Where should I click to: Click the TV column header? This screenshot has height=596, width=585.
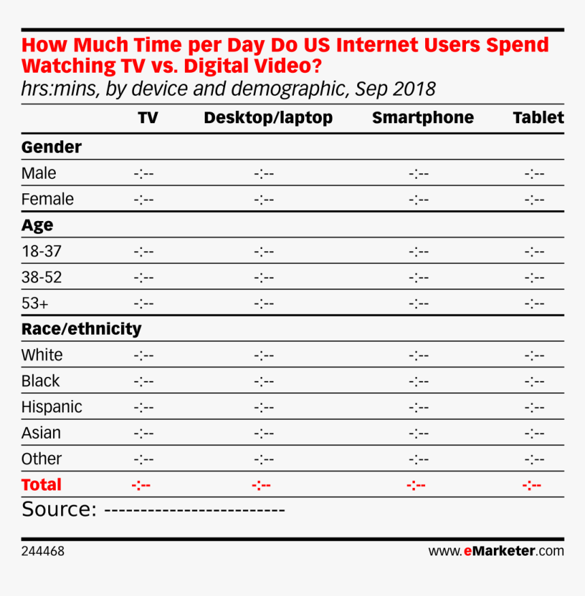[148, 118]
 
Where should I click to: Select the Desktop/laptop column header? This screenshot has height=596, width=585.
[268, 118]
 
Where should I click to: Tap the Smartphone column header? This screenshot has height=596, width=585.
[422, 118]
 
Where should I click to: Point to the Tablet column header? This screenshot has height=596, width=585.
[538, 118]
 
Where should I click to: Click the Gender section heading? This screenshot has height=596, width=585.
[52, 147]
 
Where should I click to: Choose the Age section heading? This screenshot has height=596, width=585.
[37, 225]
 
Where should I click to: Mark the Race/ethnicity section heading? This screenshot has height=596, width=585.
[82, 329]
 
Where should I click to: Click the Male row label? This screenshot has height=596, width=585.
[39, 173]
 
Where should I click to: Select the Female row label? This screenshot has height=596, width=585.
[48, 199]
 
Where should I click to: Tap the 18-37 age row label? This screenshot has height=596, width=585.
[41, 252]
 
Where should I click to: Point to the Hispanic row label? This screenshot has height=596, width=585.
[52, 407]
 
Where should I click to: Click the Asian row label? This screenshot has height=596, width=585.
[41, 433]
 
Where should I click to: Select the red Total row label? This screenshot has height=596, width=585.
[41, 485]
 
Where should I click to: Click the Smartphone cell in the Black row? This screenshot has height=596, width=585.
[419, 381]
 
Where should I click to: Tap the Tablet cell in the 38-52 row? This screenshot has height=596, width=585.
[535, 278]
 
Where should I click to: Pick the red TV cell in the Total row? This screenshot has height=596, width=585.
[141, 485]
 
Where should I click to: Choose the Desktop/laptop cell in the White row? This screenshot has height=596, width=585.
[264, 355]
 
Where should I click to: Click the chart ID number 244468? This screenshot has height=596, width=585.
[43, 551]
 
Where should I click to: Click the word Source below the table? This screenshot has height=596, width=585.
[58, 510]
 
